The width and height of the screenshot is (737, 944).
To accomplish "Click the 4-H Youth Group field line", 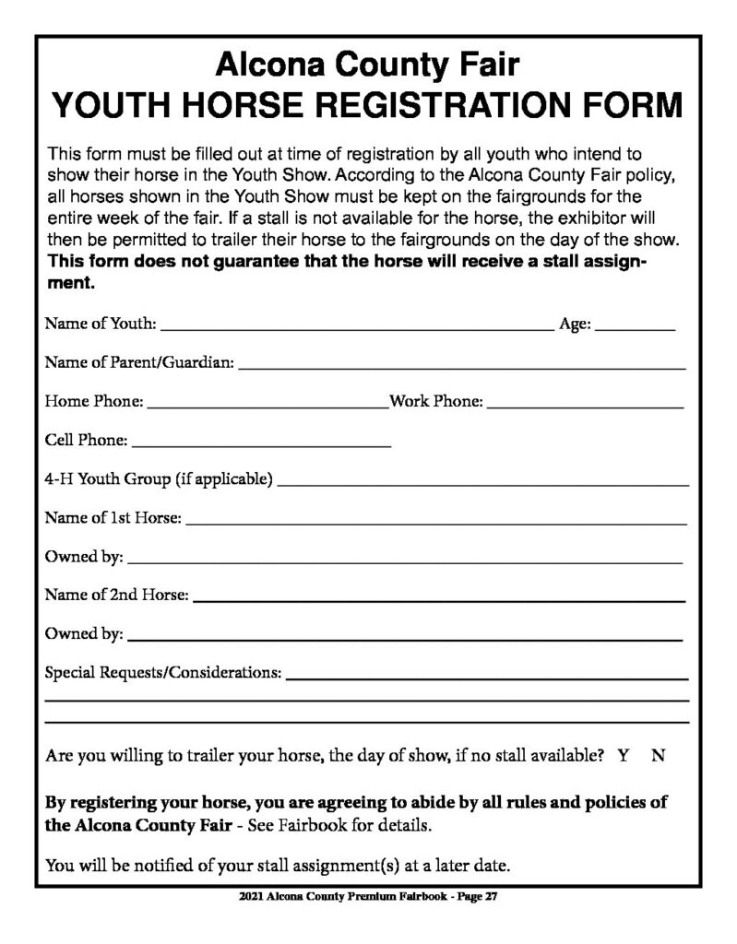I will (482, 480).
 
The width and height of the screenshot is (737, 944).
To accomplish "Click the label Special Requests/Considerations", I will (163, 674).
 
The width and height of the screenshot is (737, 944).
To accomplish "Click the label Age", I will (575, 324).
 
